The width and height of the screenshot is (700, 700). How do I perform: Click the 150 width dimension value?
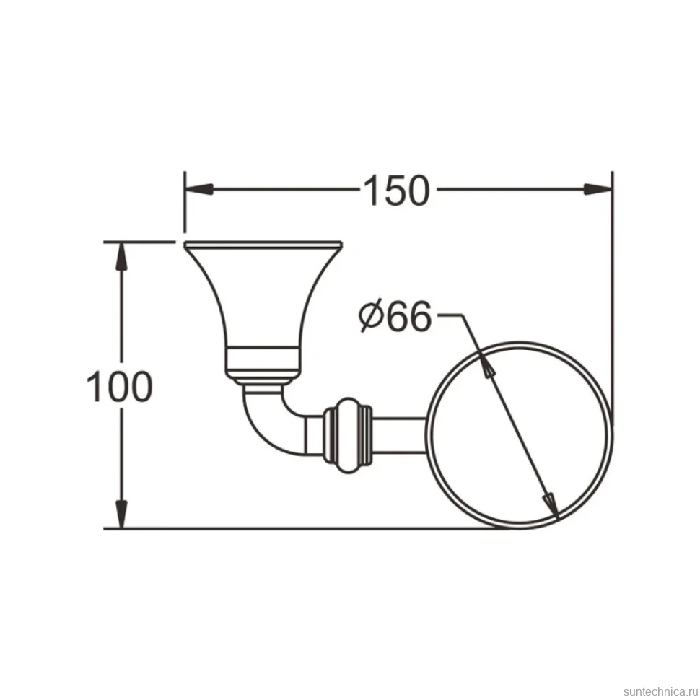coord(397,191)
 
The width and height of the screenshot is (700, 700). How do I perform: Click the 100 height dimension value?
coord(119,386)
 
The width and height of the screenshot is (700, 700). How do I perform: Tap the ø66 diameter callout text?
coord(395,315)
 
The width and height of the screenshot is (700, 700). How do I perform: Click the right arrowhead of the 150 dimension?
coord(598,189)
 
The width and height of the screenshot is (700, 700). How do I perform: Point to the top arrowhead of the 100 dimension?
coord(121,256)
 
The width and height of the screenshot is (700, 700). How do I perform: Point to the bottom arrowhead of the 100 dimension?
coord(121,514)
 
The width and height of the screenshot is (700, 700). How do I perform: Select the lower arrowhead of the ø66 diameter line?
coord(552,507)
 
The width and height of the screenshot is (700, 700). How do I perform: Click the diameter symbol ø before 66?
coord(371,316)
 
